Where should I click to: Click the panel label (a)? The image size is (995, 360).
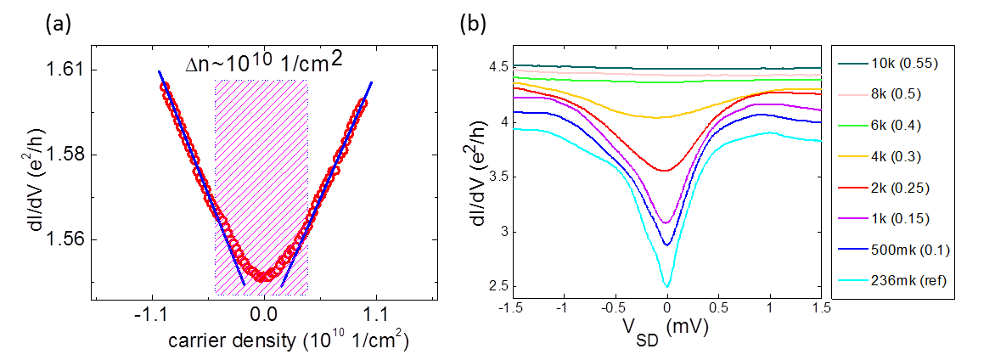[x=59, y=25]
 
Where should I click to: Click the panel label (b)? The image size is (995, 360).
[x=473, y=25]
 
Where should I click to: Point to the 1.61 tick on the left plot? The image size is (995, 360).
[x=65, y=69]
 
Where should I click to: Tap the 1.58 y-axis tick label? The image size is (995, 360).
[x=65, y=155]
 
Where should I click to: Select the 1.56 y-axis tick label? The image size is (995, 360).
[x=65, y=239]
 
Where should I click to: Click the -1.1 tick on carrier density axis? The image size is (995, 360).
[x=152, y=312]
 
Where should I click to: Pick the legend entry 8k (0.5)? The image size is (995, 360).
[x=904, y=93]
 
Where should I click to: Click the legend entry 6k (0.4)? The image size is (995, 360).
[x=904, y=124]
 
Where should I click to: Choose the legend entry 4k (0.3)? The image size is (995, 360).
[x=904, y=155]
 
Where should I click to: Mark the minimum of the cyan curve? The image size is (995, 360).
[x=667, y=286]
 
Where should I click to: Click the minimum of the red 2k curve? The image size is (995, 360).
[x=667, y=171]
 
